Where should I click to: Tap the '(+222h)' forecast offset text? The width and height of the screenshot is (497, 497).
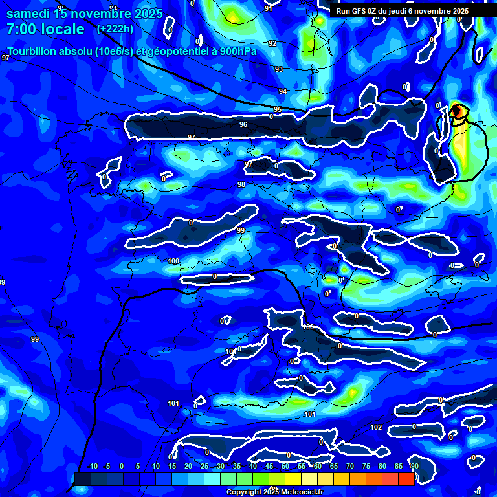115,28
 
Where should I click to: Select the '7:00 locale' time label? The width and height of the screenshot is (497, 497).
45,29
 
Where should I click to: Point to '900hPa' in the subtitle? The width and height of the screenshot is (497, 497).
237,52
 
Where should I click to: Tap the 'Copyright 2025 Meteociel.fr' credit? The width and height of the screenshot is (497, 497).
274,492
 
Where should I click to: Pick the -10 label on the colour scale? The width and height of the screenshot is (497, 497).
92,466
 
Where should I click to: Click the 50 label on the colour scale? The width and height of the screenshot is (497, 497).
285,466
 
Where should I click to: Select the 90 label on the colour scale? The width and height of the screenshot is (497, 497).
414,466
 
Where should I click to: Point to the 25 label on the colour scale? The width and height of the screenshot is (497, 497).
204,466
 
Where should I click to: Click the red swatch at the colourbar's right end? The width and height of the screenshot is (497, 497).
406,479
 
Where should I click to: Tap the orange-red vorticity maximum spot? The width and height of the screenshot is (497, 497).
457,111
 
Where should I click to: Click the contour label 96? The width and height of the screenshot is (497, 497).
243,124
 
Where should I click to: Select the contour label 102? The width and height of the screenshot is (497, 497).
376,427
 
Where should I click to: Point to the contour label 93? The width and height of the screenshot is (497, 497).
279,69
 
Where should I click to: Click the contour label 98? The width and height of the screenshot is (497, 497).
241,184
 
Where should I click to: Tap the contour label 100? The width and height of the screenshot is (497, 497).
173,261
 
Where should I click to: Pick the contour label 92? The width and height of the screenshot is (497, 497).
272,43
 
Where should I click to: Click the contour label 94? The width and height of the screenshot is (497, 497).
283,91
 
